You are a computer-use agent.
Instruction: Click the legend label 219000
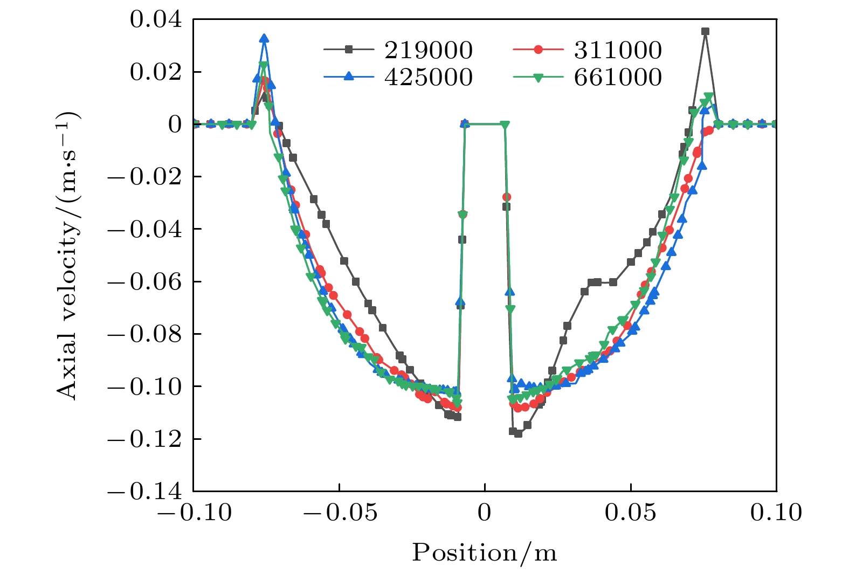click(x=429, y=50)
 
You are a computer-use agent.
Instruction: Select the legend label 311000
click(x=618, y=50)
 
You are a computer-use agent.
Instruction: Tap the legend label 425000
click(x=429, y=78)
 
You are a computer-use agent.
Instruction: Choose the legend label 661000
click(x=618, y=78)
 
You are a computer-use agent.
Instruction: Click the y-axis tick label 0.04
click(x=156, y=19)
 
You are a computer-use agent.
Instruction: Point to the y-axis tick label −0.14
click(x=144, y=492)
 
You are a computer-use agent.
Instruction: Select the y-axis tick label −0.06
click(x=144, y=281)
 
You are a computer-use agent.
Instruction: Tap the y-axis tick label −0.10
click(x=144, y=386)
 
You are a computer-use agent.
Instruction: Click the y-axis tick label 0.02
click(x=156, y=72)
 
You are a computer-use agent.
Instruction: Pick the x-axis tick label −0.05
click(x=340, y=513)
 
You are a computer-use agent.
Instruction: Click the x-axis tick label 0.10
click(x=776, y=513)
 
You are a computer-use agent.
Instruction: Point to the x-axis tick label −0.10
click(x=194, y=513)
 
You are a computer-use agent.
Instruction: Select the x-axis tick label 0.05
click(x=631, y=513)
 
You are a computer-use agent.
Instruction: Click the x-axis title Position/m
click(x=485, y=553)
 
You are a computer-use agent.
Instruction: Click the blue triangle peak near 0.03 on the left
click(x=264, y=38)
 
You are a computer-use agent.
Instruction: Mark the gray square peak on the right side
click(x=705, y=31)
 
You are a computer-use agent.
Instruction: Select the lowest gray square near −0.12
click(x=518, y=433)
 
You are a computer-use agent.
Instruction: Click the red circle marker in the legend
click(x=537, y=50)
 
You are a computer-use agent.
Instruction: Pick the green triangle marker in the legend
click(x=537, y=78)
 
